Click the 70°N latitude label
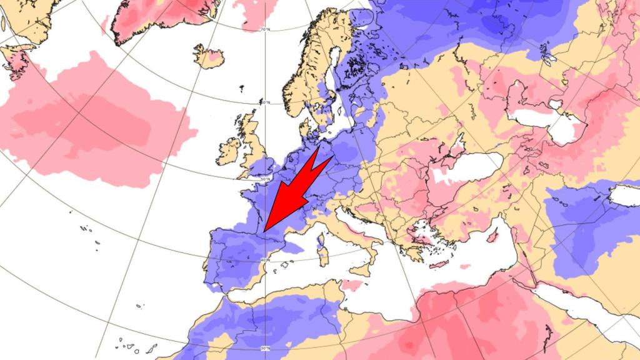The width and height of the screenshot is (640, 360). coord(265,29)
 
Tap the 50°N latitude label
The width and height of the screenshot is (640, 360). coord(265,180)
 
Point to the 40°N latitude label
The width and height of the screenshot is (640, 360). coord(265,260)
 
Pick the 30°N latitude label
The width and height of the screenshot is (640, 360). coord(265,348)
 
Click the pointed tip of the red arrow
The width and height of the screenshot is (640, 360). coord(264,231)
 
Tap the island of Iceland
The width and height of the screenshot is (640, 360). coord(208,57)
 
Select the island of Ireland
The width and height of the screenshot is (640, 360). coord(229,151)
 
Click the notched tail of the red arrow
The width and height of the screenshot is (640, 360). coord(318,162)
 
